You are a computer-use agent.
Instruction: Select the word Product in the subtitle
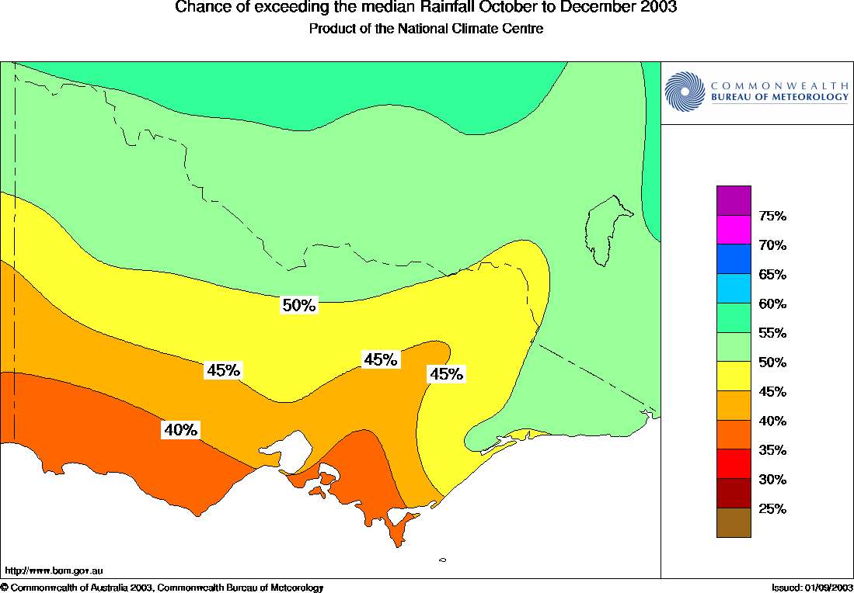pyautogui.click(x=333, y=29)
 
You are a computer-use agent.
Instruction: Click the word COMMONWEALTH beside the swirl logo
pyautogui.click(x=779, y=85)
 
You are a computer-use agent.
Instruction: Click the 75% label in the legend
pyautogui.click(x=772, y=216)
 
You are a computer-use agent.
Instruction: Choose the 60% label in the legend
pyautogui.click(x=772, y=304)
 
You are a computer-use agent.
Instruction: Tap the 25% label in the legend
pyautogui.click(x=772, y=509)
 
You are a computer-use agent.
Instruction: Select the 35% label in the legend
pyautogui.click(x=772, y=450)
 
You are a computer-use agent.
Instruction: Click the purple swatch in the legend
pyautogui.click(x=734, y=200)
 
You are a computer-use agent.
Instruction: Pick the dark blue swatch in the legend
pyautogui.click(x=734, y=259)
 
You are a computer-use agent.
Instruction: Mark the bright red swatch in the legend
pyautogui.click(x=734, y=464)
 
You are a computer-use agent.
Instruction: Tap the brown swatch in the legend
pyautogui.click(x=734, y=522)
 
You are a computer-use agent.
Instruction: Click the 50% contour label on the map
pyautogui.click(x=299, y=306)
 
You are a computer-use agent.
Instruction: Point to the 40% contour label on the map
pyautogui.click(x=180, y=429)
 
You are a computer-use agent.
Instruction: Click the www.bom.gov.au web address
pyautogui.click(x=54, y=570)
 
